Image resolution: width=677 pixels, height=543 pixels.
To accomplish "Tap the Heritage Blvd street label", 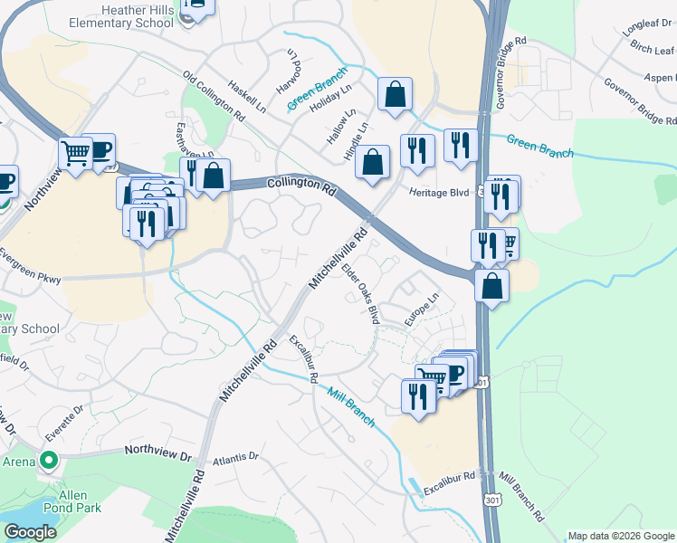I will (440, 192).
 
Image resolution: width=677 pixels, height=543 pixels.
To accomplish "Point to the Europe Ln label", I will (421, 309).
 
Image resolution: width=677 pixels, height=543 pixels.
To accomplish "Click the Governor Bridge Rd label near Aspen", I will (639, 97).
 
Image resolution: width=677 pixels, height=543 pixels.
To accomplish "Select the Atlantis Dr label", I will (236, 460).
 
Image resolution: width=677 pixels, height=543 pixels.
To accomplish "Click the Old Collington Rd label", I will (214, 98).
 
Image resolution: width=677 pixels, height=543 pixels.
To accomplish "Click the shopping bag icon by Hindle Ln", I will (372, 163).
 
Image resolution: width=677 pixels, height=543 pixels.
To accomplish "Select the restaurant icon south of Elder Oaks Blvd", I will (418, 395).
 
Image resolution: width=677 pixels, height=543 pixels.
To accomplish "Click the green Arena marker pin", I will (50, 461).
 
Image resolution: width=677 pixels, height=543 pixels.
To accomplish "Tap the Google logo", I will (31, 531).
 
